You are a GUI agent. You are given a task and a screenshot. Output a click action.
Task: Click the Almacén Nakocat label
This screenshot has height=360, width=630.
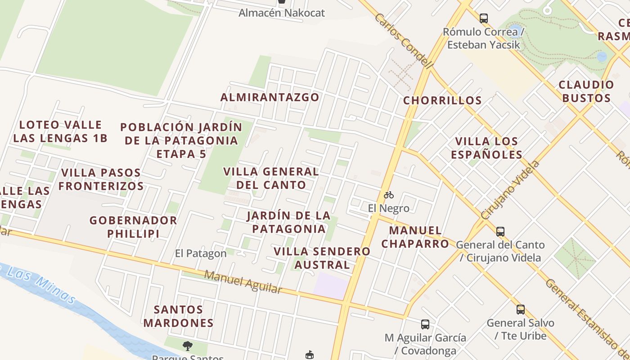pyautogui.click(x=281, y=13)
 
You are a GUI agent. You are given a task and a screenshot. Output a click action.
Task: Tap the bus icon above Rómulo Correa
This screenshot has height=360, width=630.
pyautogui.click(x=484, y=18)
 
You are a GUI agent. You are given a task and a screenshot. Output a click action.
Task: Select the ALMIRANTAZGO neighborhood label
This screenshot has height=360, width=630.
pyautogui.click(x=270, y=97)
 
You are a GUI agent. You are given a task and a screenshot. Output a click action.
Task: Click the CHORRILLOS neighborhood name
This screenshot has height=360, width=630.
pyautogui.click(x=442, y=100)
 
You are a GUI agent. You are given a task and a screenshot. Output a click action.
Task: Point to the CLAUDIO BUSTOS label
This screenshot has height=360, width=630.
pyautogui.click(x=586, y=91)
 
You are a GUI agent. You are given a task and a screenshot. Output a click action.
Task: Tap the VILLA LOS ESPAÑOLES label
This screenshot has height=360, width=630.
pyautogui.click(x=486, y=148)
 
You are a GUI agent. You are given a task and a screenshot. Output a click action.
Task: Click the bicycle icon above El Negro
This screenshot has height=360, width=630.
pyautogui.click(x=389, y=195)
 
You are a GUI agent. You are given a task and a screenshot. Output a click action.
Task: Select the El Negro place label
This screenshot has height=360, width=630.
pyautogui.click(x=389, y=208)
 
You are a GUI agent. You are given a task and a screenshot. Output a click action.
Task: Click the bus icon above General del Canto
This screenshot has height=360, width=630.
pyautogui.click(x=500, y=232)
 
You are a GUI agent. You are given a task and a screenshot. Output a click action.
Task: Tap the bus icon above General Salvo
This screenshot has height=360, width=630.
pyautogui.click(x=521, y=310)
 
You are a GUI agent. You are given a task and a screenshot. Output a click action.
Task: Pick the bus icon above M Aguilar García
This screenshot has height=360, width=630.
pyautogui.click(x=425, y=324)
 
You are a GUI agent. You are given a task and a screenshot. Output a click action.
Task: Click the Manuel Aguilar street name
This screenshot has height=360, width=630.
pyautogui.click(x=243, y=282)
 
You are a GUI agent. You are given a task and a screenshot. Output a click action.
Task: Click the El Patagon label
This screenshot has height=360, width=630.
pyautogui.click(x=201, y=254)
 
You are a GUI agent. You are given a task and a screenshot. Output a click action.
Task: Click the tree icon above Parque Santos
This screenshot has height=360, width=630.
pyautogui.click(x=188, y=346)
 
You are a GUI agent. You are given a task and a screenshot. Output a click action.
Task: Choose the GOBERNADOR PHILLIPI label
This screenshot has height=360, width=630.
pyautogui.click(x=133, y=227)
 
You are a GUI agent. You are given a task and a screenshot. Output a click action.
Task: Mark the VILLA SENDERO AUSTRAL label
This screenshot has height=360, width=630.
pyautogui.click(x=322, y=258)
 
